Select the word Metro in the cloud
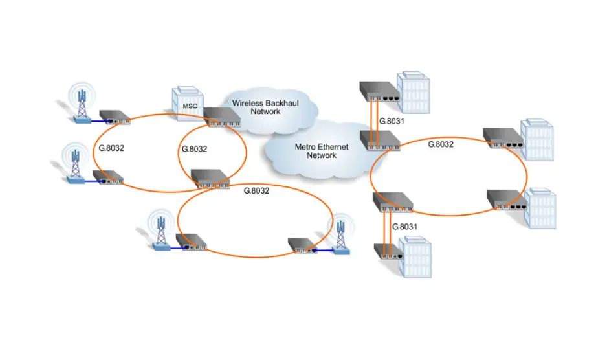[305, 147]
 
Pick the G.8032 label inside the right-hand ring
[441, 144]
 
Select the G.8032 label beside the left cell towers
[111, 148]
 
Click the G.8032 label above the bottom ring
[256, 190]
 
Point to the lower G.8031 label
[404, 227]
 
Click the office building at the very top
[414, 91]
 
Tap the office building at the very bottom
[414, 258]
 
